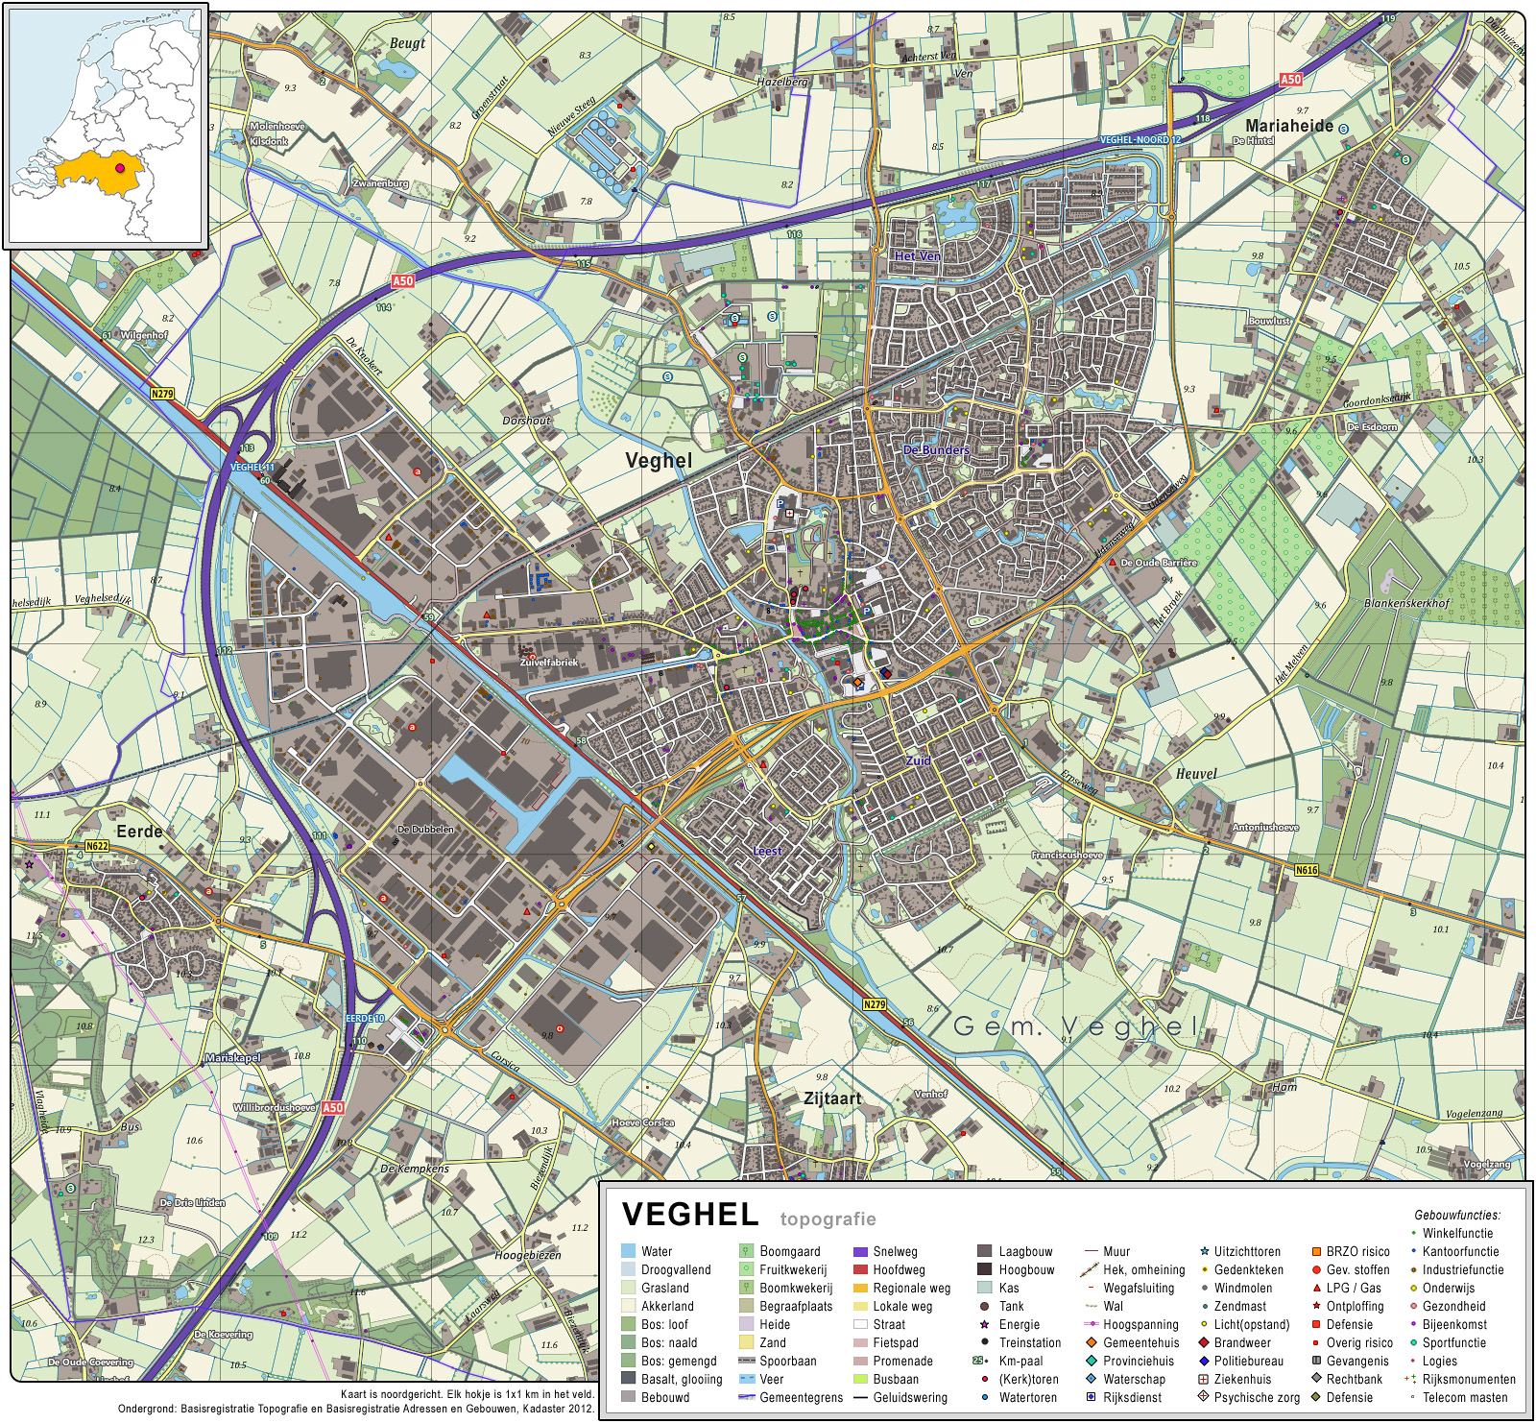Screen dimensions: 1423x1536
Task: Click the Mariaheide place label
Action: [1288, 126]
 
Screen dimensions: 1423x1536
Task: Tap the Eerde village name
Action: [139, 832]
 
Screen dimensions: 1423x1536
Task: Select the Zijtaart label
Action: [832, 1098]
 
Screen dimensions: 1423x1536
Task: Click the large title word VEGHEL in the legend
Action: [690, 1215]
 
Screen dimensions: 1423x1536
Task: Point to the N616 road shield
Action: [1307, 871]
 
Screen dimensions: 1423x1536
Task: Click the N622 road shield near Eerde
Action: [97, 847]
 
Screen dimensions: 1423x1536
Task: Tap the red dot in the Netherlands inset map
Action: [120, 168]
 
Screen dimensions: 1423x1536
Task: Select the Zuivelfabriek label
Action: [549, 663]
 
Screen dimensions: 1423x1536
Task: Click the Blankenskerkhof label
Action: [1406, 603]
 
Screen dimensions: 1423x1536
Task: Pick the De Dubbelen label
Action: [425, 829]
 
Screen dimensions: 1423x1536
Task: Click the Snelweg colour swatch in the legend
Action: [860, 1252]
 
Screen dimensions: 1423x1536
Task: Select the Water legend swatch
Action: [628, 1252]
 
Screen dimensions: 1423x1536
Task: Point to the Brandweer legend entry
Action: [1241, 1343]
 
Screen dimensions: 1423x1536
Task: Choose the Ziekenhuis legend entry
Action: [1241, 1380]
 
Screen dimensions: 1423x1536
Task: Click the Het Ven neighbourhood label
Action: [917, 256]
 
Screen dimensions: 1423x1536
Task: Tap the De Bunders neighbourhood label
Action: [936, 449]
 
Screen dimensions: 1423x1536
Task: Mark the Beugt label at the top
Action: [407, 43]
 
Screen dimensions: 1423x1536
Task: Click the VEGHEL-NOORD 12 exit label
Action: [1140, 140]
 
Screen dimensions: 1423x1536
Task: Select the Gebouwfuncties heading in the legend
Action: [1456, 1216]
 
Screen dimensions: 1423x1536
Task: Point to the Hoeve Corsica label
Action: [642, 1122]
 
